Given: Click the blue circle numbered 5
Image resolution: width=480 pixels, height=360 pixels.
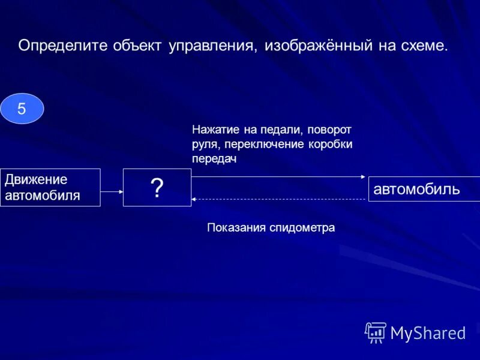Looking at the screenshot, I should click(x=22, y=109).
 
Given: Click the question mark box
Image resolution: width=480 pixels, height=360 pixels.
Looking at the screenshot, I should click(x=157, y=188).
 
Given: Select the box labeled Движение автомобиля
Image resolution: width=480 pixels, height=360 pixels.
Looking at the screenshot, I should click(x=50, y=187).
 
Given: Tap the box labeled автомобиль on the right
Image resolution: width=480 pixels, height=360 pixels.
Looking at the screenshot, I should click(x=424, y=189).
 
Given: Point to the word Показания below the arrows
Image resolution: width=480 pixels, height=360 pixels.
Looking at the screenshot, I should click(x=236, y=227).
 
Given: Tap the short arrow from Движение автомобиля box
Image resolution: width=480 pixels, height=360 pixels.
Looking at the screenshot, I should click(x=112, y=192).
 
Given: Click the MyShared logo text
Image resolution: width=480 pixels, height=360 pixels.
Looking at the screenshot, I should click(x=428, y=332).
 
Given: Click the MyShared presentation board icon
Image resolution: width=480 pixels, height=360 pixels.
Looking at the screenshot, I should click(x=376, y=332).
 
